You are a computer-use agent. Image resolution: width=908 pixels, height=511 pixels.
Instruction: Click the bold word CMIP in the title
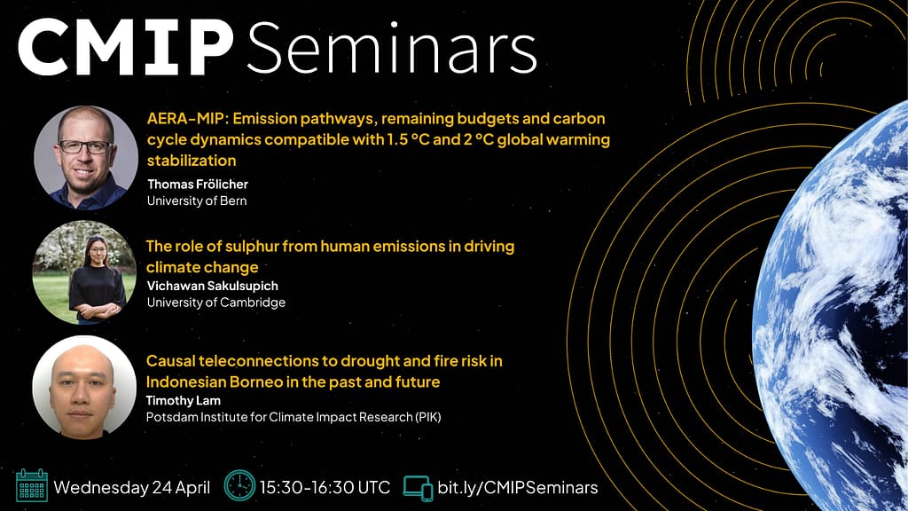coord(125,46)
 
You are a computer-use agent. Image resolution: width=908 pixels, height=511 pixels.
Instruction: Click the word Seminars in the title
coord(392,48)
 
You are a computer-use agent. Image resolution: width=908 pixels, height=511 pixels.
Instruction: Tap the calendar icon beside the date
coord(32,485)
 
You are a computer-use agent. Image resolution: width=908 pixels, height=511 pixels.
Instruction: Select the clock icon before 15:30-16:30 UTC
coord(239,485)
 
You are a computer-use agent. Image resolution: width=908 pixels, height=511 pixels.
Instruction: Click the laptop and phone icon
coord(419,488)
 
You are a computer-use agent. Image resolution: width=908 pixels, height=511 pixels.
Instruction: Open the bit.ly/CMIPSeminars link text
coord(518,487)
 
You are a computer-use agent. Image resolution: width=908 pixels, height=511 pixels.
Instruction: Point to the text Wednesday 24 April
coord(132,488)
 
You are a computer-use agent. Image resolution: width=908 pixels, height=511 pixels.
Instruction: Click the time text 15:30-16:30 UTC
coord(325,487)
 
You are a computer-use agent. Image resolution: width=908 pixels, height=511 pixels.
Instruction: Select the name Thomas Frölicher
coord(198,185)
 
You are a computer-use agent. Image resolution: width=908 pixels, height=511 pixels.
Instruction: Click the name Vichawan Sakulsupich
coord(212,286)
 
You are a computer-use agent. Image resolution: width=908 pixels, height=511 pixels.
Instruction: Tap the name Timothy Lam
coord(183,400)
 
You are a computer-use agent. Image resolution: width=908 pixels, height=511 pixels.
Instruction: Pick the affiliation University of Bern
coord(197,200)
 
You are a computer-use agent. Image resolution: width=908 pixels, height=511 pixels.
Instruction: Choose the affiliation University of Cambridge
coord(216,303)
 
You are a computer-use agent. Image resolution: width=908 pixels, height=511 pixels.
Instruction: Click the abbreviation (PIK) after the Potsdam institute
coord(428,417)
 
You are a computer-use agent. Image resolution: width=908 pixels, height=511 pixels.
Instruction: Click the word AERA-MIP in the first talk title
coord(188,119)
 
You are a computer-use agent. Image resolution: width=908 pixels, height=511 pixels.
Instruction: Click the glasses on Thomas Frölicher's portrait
coord(84,146)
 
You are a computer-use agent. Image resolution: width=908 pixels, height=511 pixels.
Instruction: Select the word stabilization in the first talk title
coord(192,161)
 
